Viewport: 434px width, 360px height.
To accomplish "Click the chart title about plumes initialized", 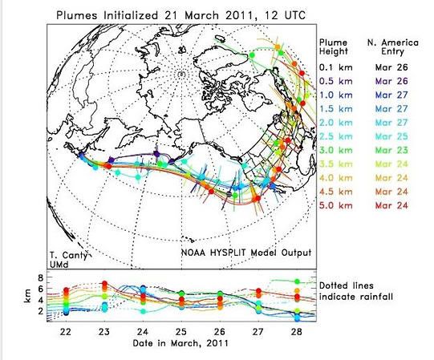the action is [x=181, y=15].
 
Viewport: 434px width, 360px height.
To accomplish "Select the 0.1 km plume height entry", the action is [x=336, y=67].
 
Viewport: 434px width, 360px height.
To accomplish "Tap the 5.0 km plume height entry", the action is [x=336, y=205].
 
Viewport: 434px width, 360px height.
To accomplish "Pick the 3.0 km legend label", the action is [x=336, y=150].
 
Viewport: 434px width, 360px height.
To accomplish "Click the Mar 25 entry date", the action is [x=391, y=136].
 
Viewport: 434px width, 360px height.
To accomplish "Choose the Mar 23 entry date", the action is [x=391, y=150].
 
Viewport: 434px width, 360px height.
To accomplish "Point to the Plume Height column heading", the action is [x=333, y=47].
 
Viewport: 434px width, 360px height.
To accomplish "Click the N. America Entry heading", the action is [x=393, y=47].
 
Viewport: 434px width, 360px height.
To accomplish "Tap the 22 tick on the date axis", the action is [x=66, y=331].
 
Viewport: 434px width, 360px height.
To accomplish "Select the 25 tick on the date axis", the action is [x=181, y=331].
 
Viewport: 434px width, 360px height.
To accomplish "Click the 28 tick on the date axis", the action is [x=297, y=331].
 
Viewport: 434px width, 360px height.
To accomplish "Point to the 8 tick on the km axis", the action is [x=41, y=277].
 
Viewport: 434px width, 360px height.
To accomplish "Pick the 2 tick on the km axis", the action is [x=41, y=312].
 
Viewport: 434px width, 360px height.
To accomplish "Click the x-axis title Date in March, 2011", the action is [x=180, y=343].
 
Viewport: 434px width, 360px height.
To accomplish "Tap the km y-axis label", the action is [x=27, y=296].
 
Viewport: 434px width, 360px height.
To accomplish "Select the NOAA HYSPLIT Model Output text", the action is [x=246, y=253].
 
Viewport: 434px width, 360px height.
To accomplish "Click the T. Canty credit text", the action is [x=68, y=255].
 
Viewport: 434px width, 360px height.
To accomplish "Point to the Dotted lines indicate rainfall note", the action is [x=356, y=291].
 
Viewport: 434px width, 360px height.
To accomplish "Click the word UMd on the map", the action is [x=59, y=265].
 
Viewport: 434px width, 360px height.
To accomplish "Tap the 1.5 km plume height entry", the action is [x=336, y=109].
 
